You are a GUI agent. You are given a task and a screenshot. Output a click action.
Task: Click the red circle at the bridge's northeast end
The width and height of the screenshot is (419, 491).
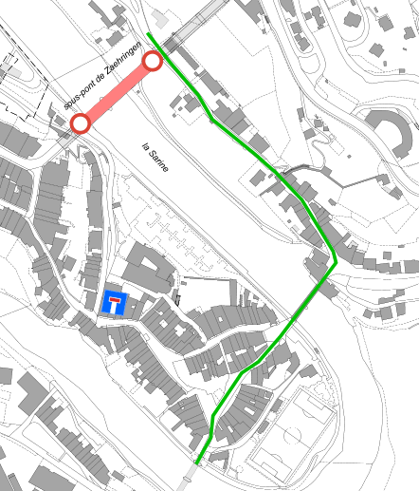[152, 62]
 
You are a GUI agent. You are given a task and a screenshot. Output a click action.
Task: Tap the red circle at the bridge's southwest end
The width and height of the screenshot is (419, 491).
[81, 123]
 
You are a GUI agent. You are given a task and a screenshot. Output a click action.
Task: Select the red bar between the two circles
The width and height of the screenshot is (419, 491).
[116, 92]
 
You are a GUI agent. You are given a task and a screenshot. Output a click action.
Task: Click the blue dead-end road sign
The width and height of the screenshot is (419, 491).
[113, 304]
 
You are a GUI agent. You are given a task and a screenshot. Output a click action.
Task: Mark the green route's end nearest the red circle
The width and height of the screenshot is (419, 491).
[150, 35]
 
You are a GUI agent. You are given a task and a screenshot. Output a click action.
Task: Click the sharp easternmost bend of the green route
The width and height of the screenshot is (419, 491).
[336, 262]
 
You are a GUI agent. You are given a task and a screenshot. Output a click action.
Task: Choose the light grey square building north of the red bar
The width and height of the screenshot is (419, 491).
[160, 20]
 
